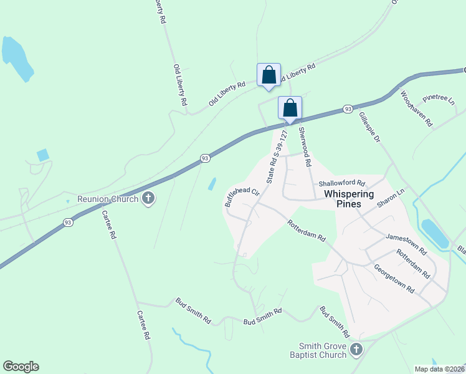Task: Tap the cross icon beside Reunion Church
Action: coord(148,199)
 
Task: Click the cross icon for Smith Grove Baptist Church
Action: coord(356,349)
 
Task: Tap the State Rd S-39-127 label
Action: coord(278,156)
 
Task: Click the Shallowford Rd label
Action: coord(341,184)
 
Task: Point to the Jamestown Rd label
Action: coord(405,244)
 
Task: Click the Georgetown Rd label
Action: coord(394,278)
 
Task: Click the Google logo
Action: coord(21,367)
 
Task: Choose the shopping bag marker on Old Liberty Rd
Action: coord(269,75)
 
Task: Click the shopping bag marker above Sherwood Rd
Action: coord(290,108)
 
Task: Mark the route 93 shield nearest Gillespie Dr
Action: coord(348,110)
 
